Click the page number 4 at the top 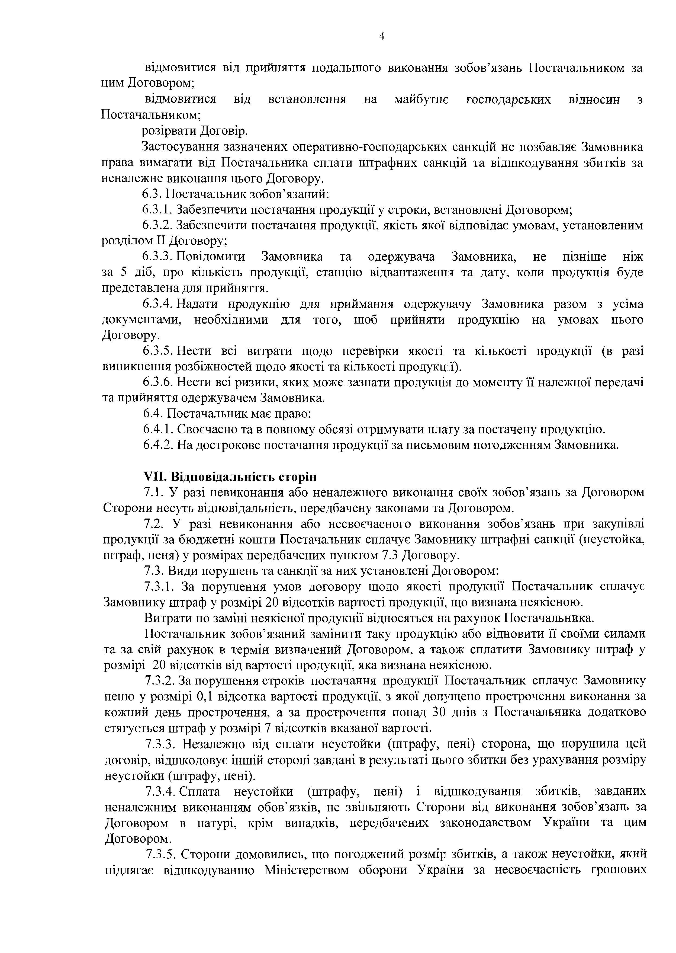tap(382, 36)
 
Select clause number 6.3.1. tap(157, 210)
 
